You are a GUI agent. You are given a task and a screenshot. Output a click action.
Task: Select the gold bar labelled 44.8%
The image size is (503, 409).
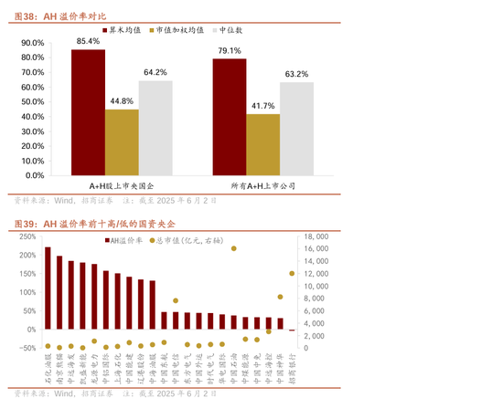[122, 142]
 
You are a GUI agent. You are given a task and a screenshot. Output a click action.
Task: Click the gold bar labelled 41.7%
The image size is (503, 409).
[263, 143]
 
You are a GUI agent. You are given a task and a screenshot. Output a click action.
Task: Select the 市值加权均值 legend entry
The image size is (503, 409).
[179, 30]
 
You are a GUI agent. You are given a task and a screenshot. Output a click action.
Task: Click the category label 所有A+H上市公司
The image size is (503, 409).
[262, 184]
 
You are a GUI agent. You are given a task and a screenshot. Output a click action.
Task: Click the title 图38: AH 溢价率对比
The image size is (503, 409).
[61, 16]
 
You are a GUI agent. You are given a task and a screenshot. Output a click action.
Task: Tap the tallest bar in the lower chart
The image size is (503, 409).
[48, 288]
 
